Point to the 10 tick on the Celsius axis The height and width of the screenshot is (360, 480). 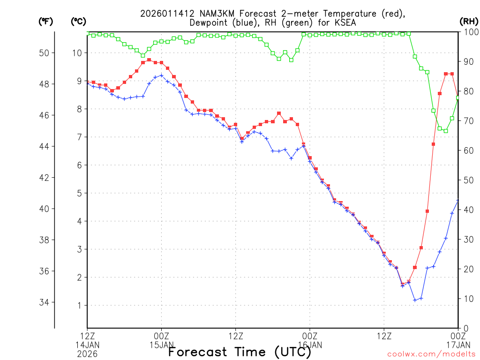click(x=77, y=53)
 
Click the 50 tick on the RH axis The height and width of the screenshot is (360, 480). click(x=467, y=180)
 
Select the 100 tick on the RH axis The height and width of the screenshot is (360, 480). click(x=469, y=32)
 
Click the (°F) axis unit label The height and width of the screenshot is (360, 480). click(x=45, y=21)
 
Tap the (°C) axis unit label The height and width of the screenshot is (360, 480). click(x=79, y=21)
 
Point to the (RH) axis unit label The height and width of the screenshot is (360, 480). click(x=469, y=21)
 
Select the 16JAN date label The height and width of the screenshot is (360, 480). click(x=310, y=345)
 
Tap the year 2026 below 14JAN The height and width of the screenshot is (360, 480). click(x=87, y=353)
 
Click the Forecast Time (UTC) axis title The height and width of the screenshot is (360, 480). click(x=240, y=352)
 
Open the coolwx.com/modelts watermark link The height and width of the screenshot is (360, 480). click(x=431, y=354)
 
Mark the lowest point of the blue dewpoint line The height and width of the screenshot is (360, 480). click(x=414, y=300)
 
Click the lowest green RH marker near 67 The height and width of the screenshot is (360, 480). click(x=445, y=131)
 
